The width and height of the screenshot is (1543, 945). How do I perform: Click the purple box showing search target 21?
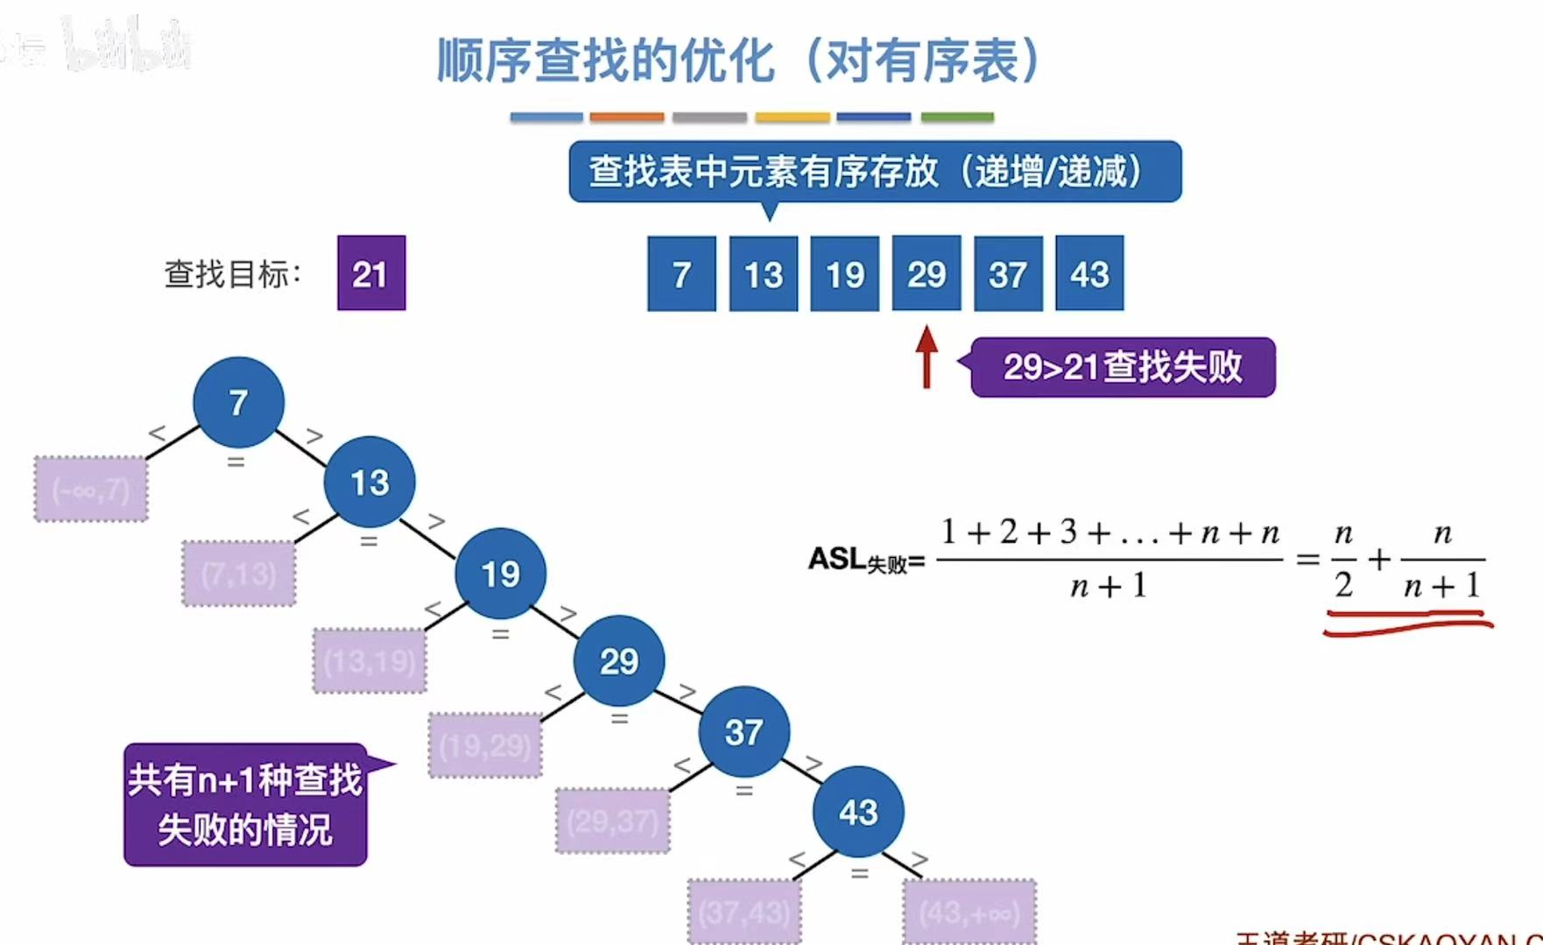371,273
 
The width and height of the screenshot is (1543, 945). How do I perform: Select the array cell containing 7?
681,273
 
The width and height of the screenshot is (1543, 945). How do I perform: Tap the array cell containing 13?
763,273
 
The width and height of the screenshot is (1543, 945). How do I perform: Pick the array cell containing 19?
844,273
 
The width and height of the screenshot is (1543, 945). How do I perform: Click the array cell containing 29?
926,273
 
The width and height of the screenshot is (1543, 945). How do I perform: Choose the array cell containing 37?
1008,273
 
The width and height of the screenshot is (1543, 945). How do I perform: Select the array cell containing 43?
1089,273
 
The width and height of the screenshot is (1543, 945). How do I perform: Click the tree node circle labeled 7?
238,402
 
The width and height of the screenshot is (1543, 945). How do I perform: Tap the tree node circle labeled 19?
500,574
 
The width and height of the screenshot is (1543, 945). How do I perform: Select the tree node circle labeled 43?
858,812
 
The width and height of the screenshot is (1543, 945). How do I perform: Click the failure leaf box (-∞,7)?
91,489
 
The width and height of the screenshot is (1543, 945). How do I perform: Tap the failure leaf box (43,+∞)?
969,912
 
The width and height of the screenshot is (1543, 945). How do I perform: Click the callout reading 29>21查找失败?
1123,367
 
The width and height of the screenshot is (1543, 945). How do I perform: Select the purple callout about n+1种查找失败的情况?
245,805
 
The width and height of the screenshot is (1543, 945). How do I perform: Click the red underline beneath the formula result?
1408,624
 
